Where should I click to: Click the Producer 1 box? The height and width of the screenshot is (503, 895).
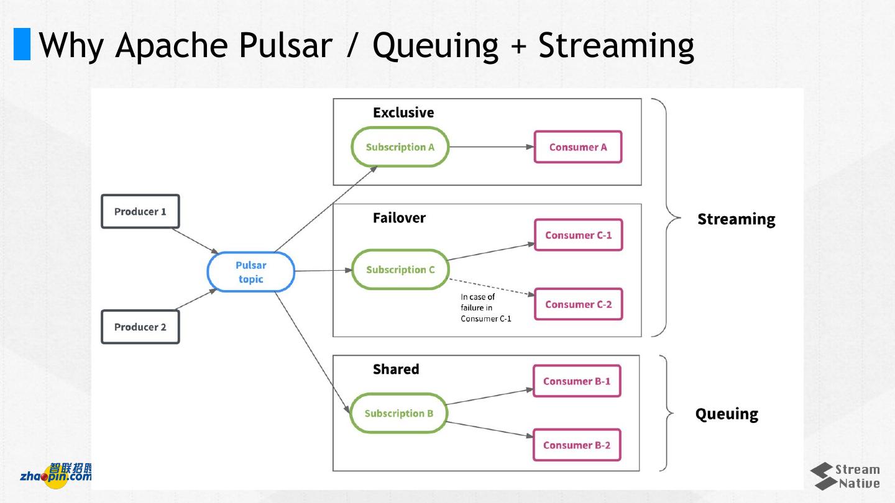click(140, 212)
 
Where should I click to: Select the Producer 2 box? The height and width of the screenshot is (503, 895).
click(140, 327)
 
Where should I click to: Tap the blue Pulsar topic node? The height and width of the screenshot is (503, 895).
click(250, 272)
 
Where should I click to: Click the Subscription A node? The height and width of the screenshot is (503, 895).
click(400, 147)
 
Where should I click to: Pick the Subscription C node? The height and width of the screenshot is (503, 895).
click(400, 270)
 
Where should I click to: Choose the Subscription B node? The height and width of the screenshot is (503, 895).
click(398, 414)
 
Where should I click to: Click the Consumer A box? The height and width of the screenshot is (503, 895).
click(578, 147)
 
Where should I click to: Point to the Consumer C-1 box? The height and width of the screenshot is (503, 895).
click(578, 235)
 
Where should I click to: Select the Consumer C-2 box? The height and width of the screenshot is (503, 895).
click(578, 304)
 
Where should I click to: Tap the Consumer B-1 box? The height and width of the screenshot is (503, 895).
click(577, 381)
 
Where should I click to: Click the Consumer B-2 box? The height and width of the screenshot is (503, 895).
click(577, 445)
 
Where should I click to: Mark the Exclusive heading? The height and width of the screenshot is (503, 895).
click(403, 112)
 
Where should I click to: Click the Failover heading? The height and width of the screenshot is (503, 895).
click(399, 218)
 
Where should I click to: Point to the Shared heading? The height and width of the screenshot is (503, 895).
click(396, 369)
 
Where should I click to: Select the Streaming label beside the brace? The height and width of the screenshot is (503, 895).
click(736, 220)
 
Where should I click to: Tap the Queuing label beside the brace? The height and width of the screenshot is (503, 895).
click(727, 414)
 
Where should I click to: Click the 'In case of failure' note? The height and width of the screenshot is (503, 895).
click(485, 308)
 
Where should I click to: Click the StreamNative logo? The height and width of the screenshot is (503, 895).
click(845, 476)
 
